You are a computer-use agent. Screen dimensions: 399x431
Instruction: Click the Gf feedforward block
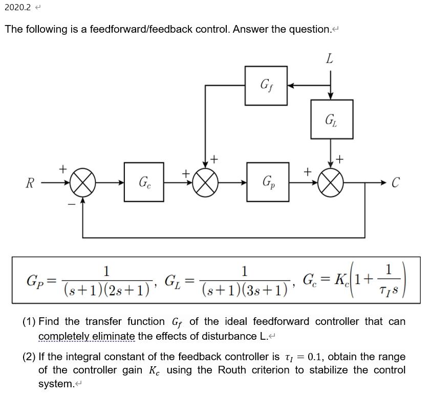pyautogui.click(x=266, y=85)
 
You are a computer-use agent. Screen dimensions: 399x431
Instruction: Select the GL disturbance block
pyautogui.click(x=331, y=120)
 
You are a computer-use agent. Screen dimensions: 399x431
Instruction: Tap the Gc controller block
pyautogui.click(x=144, y=182)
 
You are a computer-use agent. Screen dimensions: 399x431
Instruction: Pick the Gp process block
pyautogui.click(x=267, y=182)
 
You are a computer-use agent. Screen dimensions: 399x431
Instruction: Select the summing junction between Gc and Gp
pyautogui.click(x=205, y=182)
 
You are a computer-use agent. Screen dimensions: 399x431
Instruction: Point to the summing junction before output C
pyautogui.click(x=331, y=182)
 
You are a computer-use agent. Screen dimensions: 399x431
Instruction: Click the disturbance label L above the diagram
pyautogui.click(x=329, y=59)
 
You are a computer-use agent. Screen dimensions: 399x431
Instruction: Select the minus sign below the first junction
pyautogui.click(x=72, y=203)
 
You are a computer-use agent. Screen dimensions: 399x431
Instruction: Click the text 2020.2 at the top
pyautogui.click(x=17, y=7)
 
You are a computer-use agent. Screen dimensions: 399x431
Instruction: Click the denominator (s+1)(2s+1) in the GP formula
pyautogui.click(x=106, y=290)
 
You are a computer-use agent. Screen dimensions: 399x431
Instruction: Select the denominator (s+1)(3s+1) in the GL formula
pyautogui.click(x=244, y=290)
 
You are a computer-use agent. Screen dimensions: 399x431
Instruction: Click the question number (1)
pyautogui.click(x=29, y=322)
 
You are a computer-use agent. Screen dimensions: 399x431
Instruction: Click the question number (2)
pyautogui.click(x=29, y=357)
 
